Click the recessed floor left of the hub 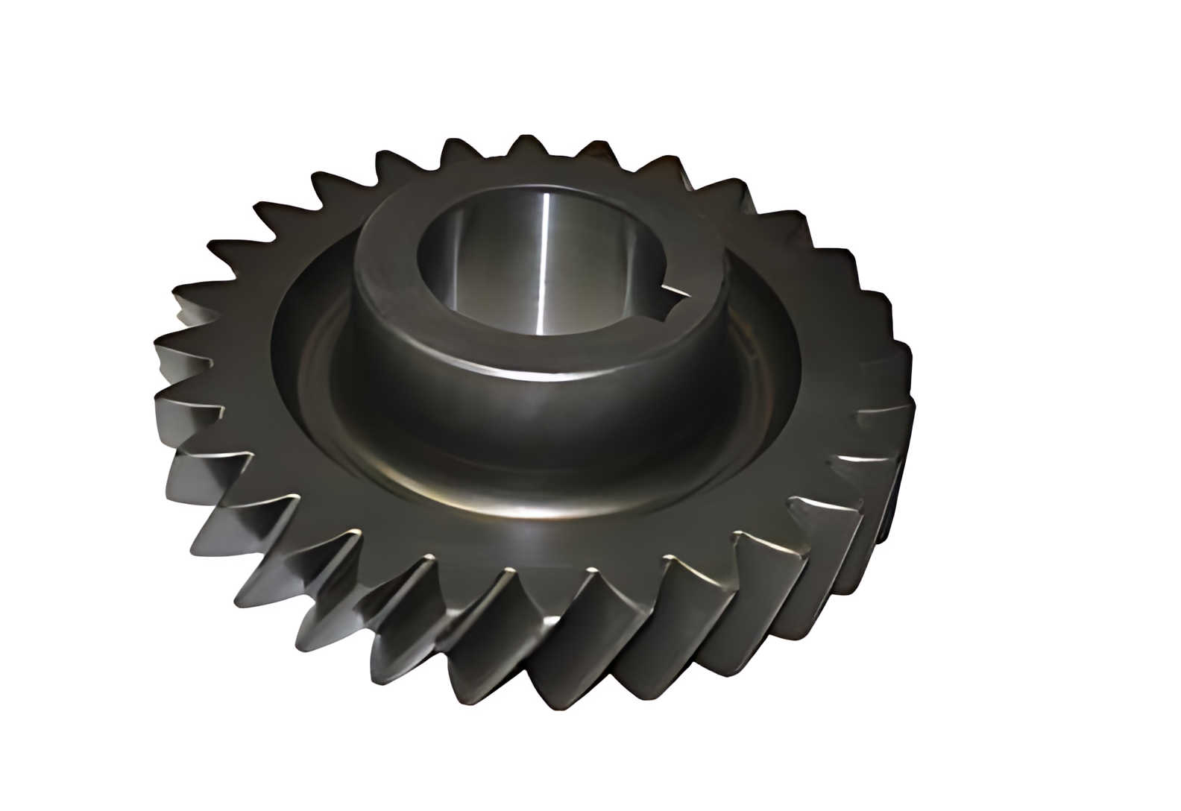313,350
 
